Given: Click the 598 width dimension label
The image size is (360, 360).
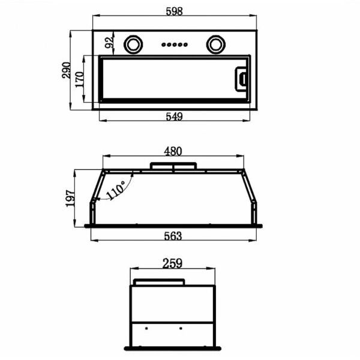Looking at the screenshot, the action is tap(174, 11).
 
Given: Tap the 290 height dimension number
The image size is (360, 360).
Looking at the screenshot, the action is tap(66, 70).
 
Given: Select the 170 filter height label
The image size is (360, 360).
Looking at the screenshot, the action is tap(79, 79).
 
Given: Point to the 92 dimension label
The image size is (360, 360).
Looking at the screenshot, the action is tap(109, 43).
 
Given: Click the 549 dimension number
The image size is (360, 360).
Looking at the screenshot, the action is tap(174, 116).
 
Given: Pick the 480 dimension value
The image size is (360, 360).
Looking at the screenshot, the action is tap(173, 151).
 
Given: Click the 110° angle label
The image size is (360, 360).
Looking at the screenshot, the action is tap(116, 190).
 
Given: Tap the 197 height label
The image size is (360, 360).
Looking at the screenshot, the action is tap(70, 199).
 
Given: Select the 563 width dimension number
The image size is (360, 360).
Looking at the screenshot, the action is tap(173, 236).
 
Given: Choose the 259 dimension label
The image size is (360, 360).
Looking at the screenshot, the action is tap(172, 263).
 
